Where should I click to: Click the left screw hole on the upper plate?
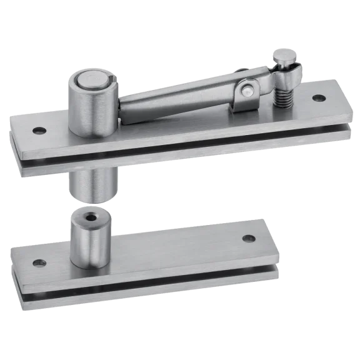tap(39, 131)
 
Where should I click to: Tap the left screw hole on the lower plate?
tap(39, 263)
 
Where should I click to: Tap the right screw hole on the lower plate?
tap(249, 239)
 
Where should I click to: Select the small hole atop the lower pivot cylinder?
tap(92, 218)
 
